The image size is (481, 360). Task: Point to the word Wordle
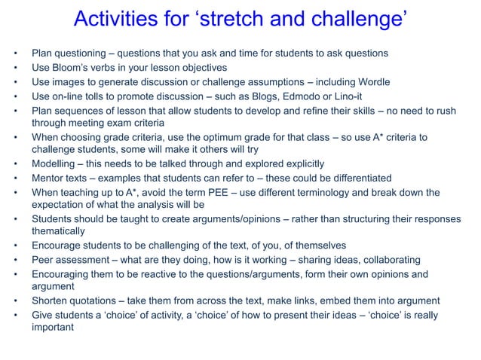click(x=421, y=82)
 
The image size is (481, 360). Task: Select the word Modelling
click(x=54, y=164)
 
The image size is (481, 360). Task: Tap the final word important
click(x=54, y=328)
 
